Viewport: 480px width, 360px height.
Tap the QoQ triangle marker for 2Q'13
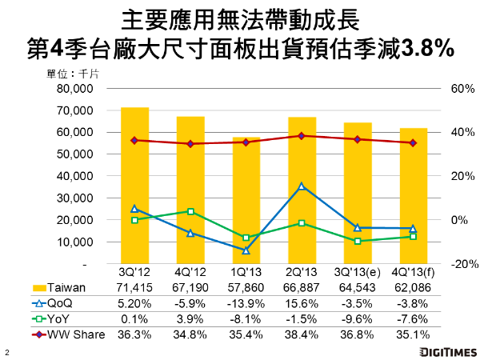tap(302, 186)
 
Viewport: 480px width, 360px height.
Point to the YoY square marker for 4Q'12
tap(190, 211)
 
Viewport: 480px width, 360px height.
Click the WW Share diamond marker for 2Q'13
tap(302, 136)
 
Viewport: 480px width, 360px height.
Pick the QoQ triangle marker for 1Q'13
tap(246, 250)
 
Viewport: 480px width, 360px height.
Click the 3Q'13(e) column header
tap(358, 274)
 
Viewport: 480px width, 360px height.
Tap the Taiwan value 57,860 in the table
tap(246, 288)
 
